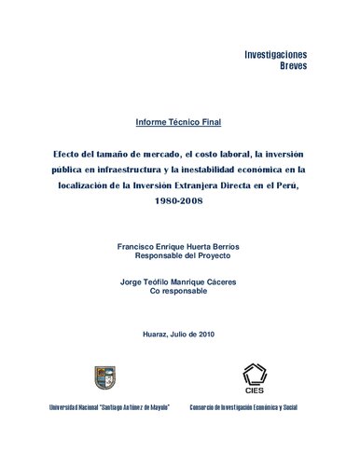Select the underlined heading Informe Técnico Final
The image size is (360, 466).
point(179,123)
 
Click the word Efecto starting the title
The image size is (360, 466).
point(71,153)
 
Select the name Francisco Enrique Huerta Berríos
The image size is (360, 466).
point(179,243)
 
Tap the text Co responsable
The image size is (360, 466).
point(179,291)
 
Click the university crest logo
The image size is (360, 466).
point(102,377)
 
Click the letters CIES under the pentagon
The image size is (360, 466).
point(254,393)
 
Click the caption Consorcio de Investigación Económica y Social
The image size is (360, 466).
point(256,408)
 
